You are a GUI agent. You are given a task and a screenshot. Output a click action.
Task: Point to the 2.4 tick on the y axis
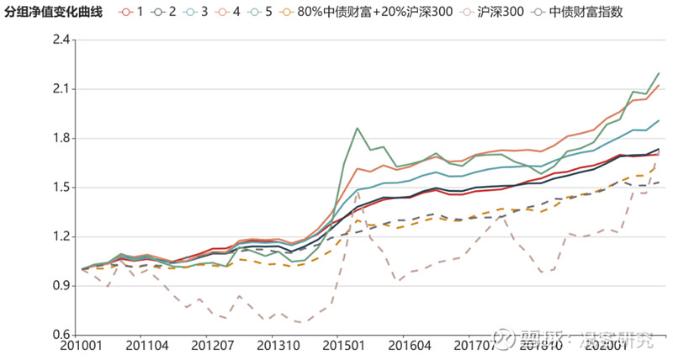[x=61, y=40]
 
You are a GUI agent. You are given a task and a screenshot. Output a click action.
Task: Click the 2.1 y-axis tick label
[x=61, y=89]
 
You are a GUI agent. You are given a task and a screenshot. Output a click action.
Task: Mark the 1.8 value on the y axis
[x=61, y=138]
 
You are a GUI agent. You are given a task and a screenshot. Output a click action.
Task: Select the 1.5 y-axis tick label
[x=61, y=188]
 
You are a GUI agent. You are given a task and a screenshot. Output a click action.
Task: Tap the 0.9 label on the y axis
[x=61, y=285]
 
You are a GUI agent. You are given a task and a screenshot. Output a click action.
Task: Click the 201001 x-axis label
[x=83, y=346]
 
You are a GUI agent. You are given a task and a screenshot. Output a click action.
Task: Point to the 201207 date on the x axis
[x=212, y=346]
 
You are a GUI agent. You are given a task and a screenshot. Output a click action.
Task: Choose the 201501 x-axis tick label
[x=343, y=346]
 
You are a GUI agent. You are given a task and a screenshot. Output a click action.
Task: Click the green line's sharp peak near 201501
[x=358, y=129]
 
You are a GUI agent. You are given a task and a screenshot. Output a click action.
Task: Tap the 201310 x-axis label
[x=278, y=346]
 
